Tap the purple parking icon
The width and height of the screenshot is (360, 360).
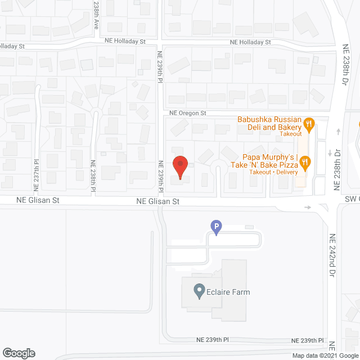pyautogui.click(x=215, y=227)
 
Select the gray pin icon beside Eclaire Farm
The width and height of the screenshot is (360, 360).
pyautogui.click(x=199, y=291)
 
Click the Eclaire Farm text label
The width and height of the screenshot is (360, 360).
pyautogui.click(x=228, y=292)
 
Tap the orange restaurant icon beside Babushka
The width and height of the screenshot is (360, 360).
pyautogui.click(x=308, y=123)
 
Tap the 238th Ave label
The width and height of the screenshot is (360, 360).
pyautogui.click(x=96, y=15)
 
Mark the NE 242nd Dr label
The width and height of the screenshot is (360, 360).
pyautogui.click(x=332, y=251)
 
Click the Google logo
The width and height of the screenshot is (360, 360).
pyautogui.click(x=18, y=353)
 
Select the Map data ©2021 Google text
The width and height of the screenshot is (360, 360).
pyautogui.click(x=325, y=355)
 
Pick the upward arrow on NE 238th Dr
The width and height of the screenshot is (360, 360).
pyautogui.click(x=338, y=132)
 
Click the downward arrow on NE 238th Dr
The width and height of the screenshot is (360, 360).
pyautogui.click(x=330, y=153)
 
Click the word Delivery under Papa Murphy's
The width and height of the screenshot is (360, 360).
pyautogui.click(x=287, y=172)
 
